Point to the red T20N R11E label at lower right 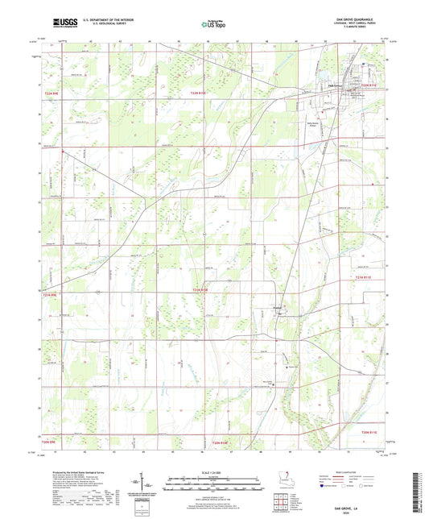[367, 433]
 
